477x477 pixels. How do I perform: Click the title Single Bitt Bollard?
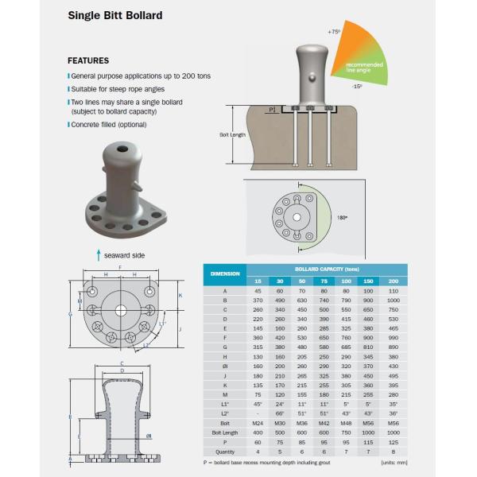pyautogui.click(x=115, y=16)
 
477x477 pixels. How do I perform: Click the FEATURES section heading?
pyautogui.click(x=88, y=60)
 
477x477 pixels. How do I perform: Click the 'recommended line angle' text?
pyautogui.click(x=365, y=67)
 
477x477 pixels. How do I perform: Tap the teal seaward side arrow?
pyautogui.click(x=98, y=254)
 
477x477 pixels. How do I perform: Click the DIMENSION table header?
pyautogui.click(x=225, y=273)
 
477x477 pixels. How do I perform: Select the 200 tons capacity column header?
pyautogui.click(x=393, y=281)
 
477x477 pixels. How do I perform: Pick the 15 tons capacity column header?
pyautogui.click(x=257, y=281)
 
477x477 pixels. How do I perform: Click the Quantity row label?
pyautogui.click(x=225, y=451)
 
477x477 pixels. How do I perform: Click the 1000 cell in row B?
pyautogui.click(x=393, y=301)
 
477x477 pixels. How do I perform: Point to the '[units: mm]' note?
pyautogui.click(x=394, y=462)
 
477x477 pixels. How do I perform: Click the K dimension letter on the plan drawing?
pyautogui.click(x=180, y=295)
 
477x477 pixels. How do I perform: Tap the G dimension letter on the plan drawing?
pyautogui.click(x=72, y=313)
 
